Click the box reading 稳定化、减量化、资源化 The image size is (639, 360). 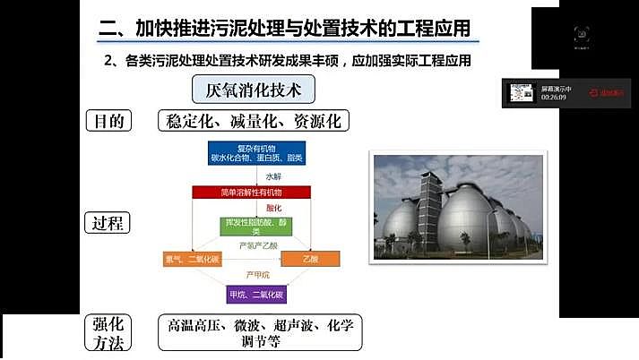tap(253, 121)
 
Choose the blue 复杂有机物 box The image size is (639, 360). tap(252, 153)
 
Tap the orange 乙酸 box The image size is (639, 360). tap(299, 260)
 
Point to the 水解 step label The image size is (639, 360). tap(272, 176)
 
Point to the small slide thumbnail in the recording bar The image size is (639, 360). tap(522, 92)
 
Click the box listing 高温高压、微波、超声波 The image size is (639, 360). tap(259, 331)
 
